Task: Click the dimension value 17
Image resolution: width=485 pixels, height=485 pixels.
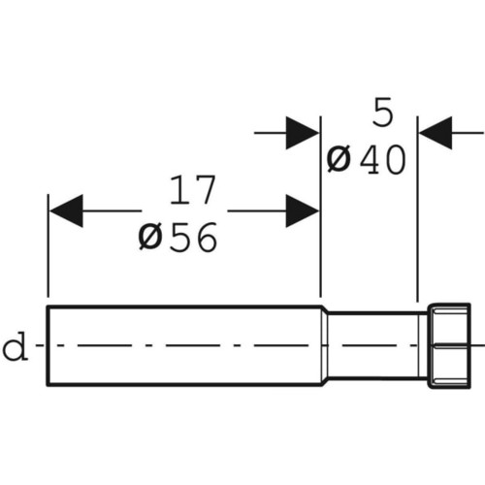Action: tap(192, 190)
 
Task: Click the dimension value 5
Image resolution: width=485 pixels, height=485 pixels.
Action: tap(383, 113)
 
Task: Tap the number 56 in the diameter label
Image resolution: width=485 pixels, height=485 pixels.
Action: tap(193, 238)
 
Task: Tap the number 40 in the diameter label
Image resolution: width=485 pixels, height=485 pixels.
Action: tap(382, 160)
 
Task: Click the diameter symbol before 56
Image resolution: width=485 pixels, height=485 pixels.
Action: tap(150, 238)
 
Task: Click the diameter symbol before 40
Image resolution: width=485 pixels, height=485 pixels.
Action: tap(339, 160)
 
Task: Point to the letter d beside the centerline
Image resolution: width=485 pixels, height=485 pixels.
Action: tap(15, 346)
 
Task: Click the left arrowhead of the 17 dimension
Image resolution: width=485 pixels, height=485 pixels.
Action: tap(66, 210)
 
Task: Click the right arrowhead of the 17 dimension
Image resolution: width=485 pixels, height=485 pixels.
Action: tap(303, 210)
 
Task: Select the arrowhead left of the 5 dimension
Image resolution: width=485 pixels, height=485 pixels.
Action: tap(303, 133)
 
